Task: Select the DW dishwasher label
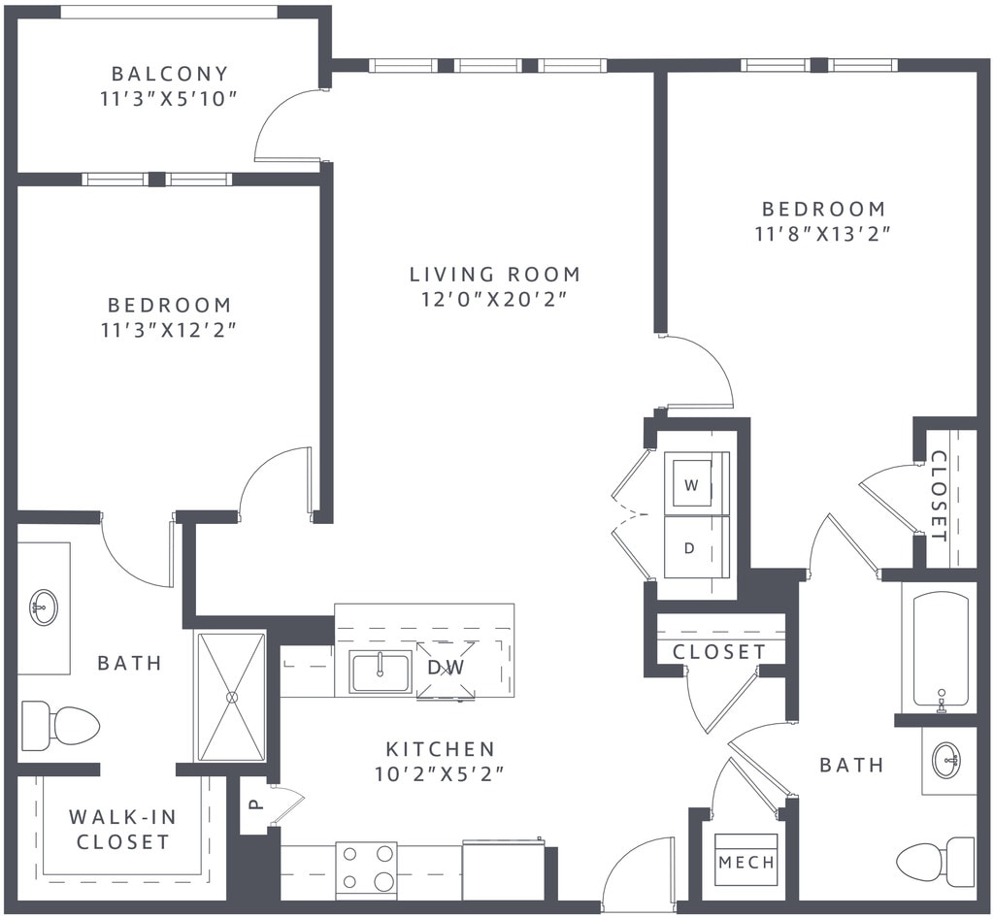(x=446, y=667)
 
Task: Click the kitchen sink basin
(x=381, y=672)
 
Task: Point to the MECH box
(x=746, y=861)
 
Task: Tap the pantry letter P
(x=254, y=803)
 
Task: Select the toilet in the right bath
(x=936, y=862)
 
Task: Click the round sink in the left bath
(x=43, y=607)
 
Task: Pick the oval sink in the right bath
(x=948, y=760)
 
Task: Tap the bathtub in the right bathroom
(x=941, y=649)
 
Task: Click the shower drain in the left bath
(x=231, y=696)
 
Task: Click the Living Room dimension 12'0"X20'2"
(x=494, y=299)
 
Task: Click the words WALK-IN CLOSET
(x=121, y=830)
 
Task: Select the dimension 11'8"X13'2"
(x=823, y=234)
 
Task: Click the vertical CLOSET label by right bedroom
(x=939, y=496)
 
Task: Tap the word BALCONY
(x=170, y=74)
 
